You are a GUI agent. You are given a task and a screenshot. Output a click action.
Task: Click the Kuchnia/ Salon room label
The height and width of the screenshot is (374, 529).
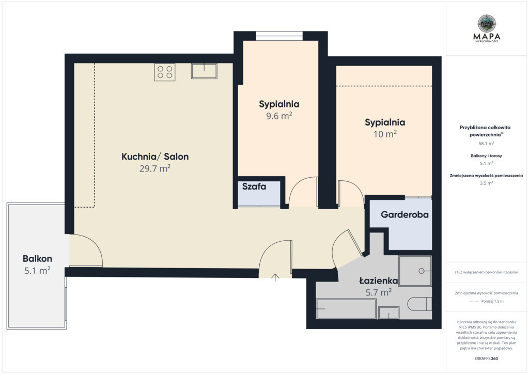(x=155, y=157)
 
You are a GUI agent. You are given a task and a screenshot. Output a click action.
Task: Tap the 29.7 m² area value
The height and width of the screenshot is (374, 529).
(x=155, y=168)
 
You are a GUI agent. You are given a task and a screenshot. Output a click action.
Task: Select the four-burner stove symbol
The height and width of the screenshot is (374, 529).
(x=165, y=72)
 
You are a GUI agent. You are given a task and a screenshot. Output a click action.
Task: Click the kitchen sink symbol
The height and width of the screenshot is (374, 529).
(x=204, y=71)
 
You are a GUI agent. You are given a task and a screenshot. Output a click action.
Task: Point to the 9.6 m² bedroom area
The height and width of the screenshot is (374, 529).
(x=279, y=116)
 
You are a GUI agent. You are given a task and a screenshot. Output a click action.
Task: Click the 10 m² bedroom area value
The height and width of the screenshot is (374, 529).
(x=385, y=134)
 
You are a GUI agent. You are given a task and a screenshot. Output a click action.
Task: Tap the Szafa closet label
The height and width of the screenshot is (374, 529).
(x=254, y=186)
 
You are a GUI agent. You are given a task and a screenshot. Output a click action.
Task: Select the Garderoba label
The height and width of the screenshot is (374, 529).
(x=404, y=214)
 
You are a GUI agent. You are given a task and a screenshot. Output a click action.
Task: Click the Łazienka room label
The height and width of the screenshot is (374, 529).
(x=378, y=280)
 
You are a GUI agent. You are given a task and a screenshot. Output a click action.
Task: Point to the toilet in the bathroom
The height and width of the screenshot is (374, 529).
(x=419, y=304)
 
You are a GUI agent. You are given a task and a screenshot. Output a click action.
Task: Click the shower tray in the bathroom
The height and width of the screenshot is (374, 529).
(x=415, y=271)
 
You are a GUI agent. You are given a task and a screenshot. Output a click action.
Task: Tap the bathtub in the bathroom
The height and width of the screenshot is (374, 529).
(x=346, y=308)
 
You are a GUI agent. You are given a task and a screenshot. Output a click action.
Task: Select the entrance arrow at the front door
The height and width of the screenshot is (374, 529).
(x=275, y=277)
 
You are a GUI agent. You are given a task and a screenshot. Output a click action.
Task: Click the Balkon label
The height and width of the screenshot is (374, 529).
(x=37, y=259)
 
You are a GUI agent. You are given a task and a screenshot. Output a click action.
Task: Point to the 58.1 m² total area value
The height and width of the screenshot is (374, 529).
(x=486, y=143)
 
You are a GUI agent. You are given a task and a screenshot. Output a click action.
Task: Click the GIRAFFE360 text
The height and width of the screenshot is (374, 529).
(x=486, y=358)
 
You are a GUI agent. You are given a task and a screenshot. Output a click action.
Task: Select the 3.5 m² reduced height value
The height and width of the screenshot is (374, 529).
(x=486, y=183)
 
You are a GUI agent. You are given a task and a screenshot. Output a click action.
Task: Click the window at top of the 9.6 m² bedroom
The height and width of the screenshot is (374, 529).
(x=279, y=36)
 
